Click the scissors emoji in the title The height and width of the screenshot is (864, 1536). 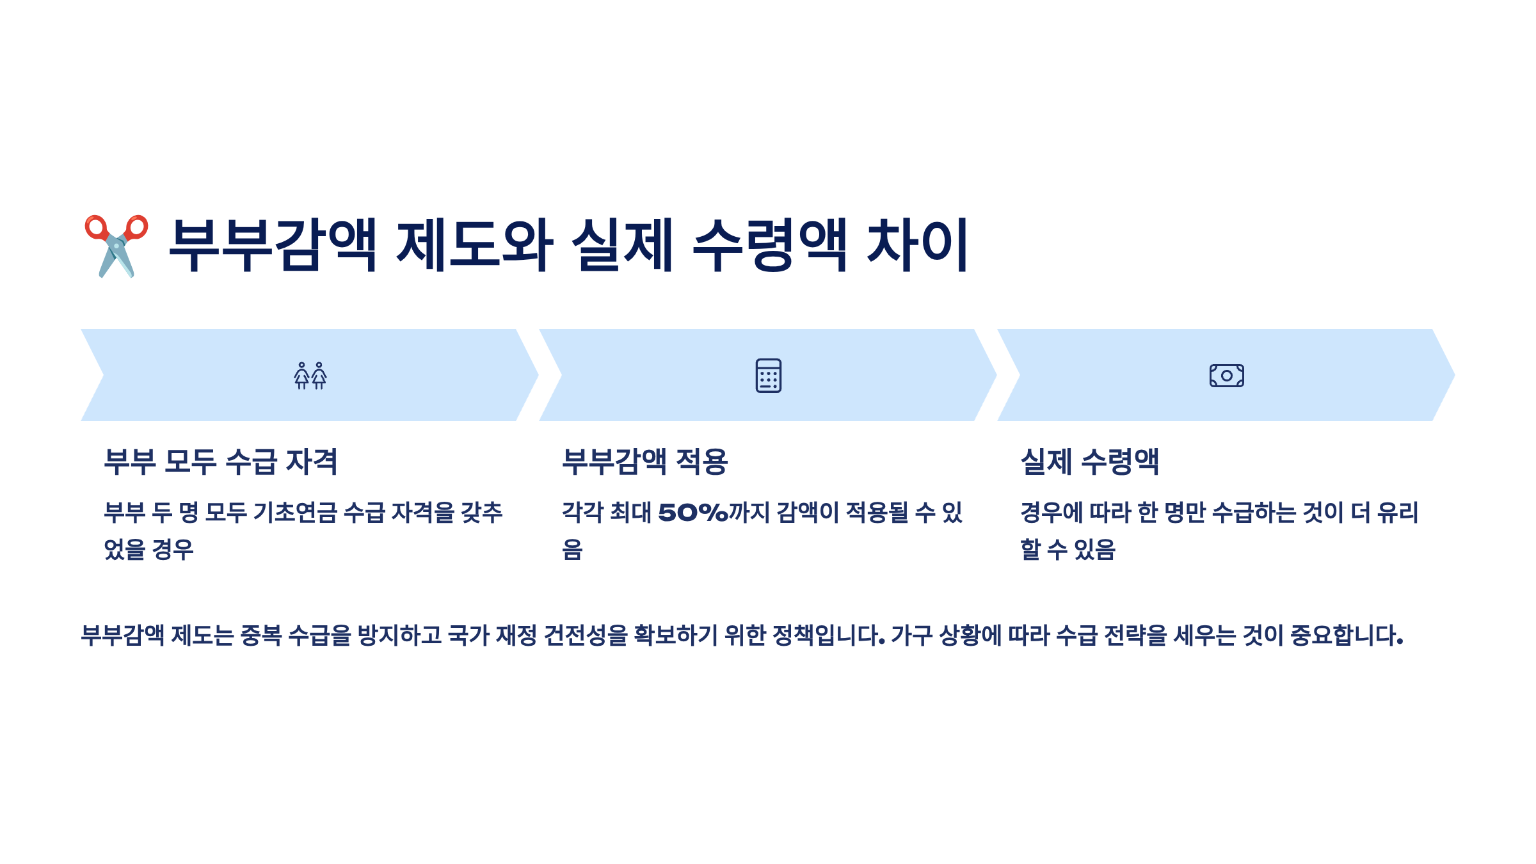click(116, 246)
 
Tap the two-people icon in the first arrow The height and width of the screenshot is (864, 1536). click(310, 376)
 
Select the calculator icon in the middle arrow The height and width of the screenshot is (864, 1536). click(768, 376)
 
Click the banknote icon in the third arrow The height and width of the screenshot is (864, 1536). click(1226, 376)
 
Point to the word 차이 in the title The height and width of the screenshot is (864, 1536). click(917, 246)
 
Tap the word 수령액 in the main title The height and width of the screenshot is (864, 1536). click(771, 246)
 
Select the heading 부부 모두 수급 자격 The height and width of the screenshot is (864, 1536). click(221, 461)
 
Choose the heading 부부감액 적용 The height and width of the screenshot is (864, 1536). click(645, 461)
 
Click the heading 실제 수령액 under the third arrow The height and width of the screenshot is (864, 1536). click(1090, 461)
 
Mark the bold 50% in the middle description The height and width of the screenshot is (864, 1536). click(693, 513)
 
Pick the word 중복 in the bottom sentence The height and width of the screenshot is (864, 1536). click(261, 636)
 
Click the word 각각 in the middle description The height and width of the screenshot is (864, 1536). click(582, 513)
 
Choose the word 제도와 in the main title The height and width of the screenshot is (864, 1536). click(475, 246)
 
